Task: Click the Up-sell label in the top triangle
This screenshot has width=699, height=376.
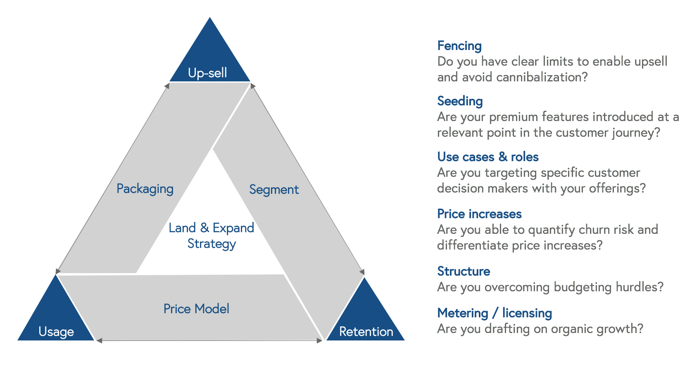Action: pyautogui.click(x=207, y=73)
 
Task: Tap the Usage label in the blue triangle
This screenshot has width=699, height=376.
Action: pyautogui.click(x=56, y=331)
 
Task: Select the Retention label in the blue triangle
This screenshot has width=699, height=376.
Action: pyautogui.click(x=366, y=331)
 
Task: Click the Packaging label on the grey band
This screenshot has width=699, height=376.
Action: pyautogui.click(x=145, y=189)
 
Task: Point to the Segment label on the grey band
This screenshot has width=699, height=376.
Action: pyautogui.click(x=274, y=190)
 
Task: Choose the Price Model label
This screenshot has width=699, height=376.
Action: pyautogui.click(x=196, y=309)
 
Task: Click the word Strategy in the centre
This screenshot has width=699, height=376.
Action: pyautogui.click(x=212, y=244)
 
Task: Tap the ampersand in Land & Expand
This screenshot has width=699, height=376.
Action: pyautogui.click(x=204, y=228)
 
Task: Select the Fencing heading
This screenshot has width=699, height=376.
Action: pyautogui.click(x=459, y=45)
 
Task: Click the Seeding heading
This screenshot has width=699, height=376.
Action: pyautogui.click(x=460, y=101)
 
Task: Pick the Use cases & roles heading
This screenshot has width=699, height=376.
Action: pyautogui.click(x=488, y=157)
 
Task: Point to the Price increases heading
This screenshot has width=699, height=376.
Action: pyautogui.click(x=479, y=214)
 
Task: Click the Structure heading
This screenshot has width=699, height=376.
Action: pyautogui.click(x=464, y=271)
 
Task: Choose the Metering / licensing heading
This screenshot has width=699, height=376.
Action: pyautogui.click(x=495, y=313)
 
